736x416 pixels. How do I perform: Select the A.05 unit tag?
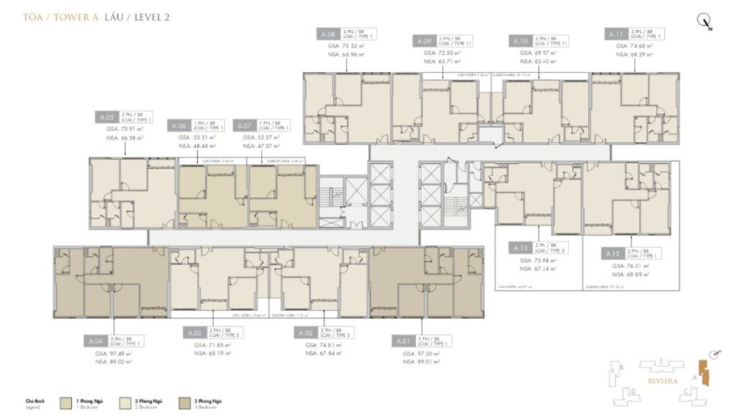107,116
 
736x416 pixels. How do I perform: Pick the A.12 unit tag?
612,254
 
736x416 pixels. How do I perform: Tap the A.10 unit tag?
520,42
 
